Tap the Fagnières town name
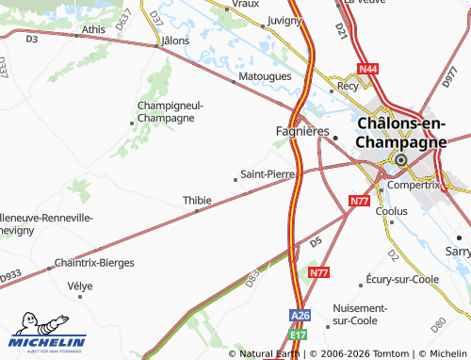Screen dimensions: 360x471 coord(299,131)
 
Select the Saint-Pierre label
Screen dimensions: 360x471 coord(268,173)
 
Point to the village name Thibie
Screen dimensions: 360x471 coord(196,200)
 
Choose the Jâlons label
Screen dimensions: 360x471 coord(175,41)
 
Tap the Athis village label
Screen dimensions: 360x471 coord(93,29)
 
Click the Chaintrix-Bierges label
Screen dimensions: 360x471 coord(94,262)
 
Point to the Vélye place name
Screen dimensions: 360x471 coord(81,285)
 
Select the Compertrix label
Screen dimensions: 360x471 coord(415,185)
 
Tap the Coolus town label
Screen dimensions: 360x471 coord(391,211)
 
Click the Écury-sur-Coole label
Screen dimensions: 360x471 coord(398,280)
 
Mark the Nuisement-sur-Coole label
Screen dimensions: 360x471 coord(360,314)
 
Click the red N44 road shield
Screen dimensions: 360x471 coord(367,69)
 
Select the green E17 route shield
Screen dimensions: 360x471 coord(299,334)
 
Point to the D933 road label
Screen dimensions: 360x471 coord(9,275)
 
